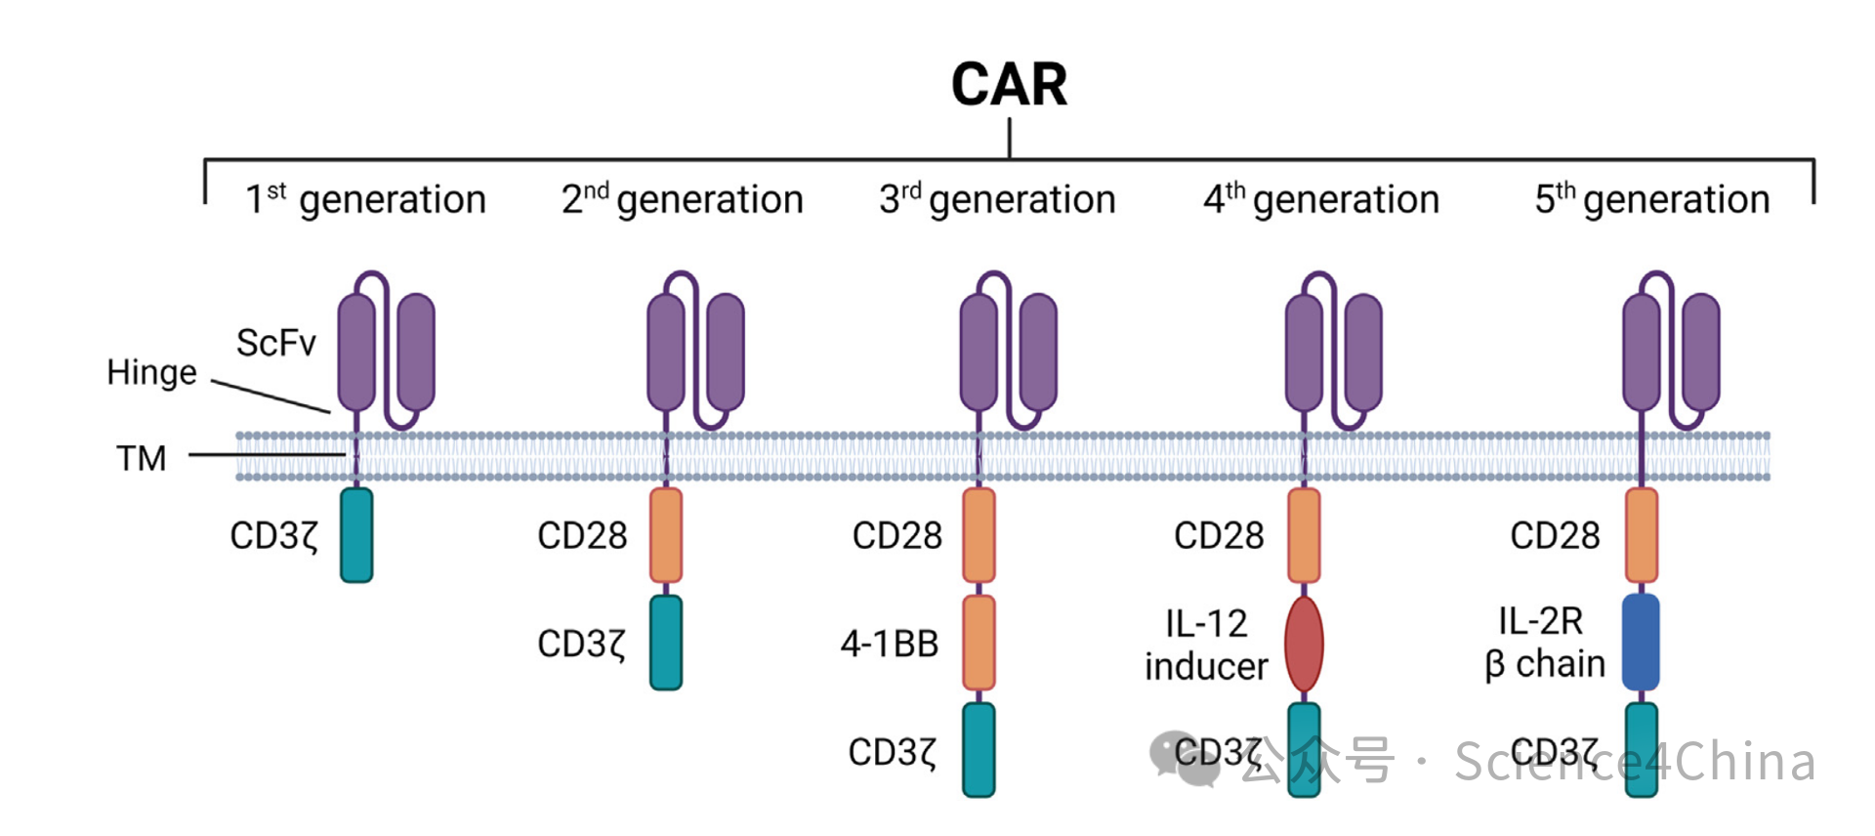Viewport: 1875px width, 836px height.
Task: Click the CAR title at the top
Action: point(1009,85)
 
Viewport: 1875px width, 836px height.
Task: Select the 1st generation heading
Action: point(365,199)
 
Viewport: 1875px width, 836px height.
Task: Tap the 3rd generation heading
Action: point(997,199)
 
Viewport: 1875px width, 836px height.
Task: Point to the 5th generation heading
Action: point(1652,199)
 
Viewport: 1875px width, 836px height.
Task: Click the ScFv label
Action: point(276,343)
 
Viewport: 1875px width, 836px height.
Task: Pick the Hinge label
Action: point(151,372)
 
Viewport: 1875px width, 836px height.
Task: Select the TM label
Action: point(142,458)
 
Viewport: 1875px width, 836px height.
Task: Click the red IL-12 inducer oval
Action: point(1304,644)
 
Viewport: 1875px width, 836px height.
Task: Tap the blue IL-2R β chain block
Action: point(1641,643)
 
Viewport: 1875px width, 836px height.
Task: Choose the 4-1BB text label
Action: point(890,644)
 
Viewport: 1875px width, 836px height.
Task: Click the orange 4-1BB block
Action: point(979,643)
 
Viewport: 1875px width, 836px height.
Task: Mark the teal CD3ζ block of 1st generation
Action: point(356,535)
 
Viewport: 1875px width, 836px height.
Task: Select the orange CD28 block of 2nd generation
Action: point(666,535)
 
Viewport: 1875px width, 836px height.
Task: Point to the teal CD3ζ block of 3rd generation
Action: point(979,750)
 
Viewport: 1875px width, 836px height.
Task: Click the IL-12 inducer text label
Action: point(1206,645)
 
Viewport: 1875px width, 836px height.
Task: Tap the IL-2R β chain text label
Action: point(1545,643)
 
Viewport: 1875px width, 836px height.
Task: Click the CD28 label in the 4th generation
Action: point(1219,535)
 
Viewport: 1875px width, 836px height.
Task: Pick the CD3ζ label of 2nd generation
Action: point(582,644)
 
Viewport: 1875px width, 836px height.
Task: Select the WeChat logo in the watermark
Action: point(1184,758)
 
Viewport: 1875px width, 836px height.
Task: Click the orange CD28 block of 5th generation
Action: point(1641,535)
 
